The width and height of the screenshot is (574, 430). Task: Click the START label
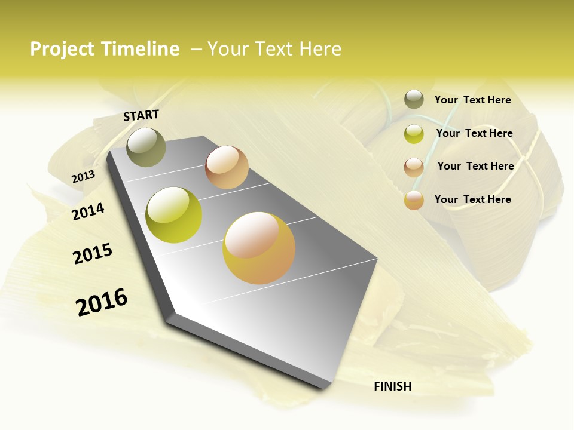pyautogui.click(x=141, y=115)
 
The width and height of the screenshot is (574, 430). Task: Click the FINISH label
pyautogui.click(x=393, y=386)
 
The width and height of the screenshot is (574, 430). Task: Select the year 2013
pyautogui.click(x=83, y=177)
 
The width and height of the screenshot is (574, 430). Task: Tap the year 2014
pyautogui.click(x=88, y=211)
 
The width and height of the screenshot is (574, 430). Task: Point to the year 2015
pyautogui.click(x=93, y=254)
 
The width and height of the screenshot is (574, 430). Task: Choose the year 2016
pyautogui.click(x=102, y=302)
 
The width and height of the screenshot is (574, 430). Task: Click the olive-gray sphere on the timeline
pyautogui.click(x=146, y=147)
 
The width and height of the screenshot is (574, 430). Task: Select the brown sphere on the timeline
pyautogui.click(x=227, y=167)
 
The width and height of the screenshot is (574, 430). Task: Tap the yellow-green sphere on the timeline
pyautogui.click(x=174, y=215)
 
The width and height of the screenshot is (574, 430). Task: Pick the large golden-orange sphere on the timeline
pyautogui.click(x=259, y=248)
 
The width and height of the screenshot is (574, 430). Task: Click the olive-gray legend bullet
pyautogui.click(x=414, y=100)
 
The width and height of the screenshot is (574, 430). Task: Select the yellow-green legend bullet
pyautogui.click(x=414, y=134)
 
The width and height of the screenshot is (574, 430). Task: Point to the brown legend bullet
pyautogui.click(x=414, y=167)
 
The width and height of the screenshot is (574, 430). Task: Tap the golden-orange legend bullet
pyautogui.click(x=414, y=200)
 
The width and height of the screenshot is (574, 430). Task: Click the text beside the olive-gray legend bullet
pyautogui.click(x=472, y=100)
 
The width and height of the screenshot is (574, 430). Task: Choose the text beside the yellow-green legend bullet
pyautogui.click(x=474, y=133)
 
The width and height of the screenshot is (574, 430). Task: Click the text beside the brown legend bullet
pyautogui.click(x=475, y=166)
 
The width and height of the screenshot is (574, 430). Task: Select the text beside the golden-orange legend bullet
pyautogui.click(x=472, y=199)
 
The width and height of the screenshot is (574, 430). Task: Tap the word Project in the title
pyautogui.click(x=62, y=49)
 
